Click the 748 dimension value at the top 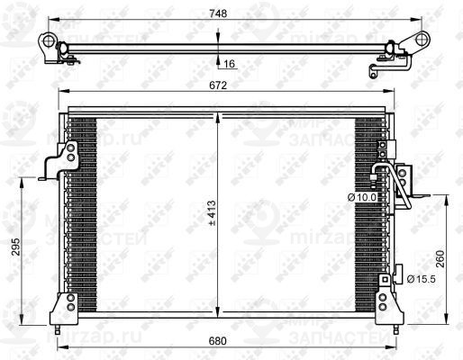pos(219,13)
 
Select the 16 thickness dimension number pos(230,64)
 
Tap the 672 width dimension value pos(219,87)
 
